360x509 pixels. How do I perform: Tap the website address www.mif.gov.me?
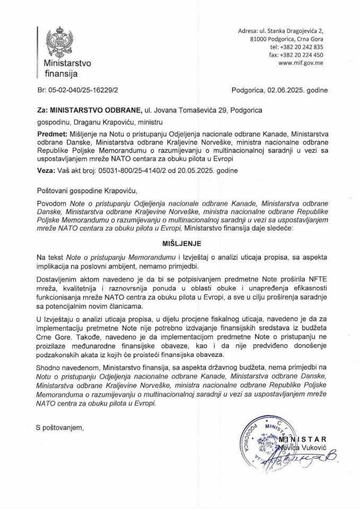[301, 63]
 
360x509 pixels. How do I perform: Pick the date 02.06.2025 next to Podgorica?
[286, 91]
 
